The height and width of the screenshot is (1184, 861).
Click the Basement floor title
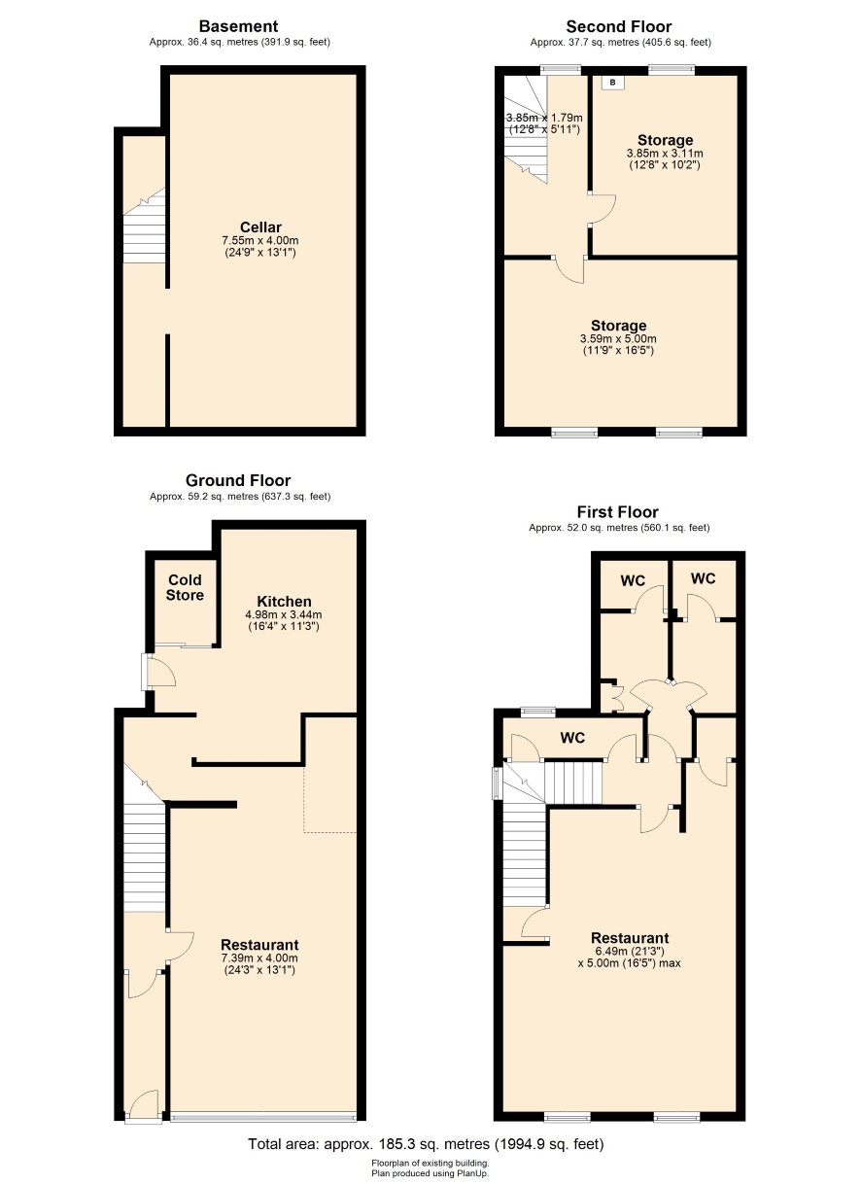point(238,26)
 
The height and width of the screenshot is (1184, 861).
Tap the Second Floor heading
point(619,26)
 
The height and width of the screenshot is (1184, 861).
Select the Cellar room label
point(260,227)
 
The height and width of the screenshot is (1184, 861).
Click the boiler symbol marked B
point(612,83)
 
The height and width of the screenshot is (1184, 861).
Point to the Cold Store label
point(185,587)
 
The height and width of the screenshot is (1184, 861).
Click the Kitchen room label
point(284,601)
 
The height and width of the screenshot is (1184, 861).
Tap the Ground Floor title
point(238,480)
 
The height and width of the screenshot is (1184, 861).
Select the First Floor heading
point(617,511)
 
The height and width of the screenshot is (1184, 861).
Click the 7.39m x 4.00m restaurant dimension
point(259,958)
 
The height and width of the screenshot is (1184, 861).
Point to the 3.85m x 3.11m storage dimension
point(665,154)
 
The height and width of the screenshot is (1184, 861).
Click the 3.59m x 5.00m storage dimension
point(618,339)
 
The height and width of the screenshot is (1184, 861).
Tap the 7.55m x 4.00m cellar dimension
point(260,240)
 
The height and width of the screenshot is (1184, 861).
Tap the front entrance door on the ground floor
point(144,1107)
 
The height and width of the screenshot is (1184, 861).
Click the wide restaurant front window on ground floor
point(263,1116)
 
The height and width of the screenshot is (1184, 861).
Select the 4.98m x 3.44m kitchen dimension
point(284,614)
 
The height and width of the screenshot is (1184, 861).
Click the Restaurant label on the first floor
point(630,938)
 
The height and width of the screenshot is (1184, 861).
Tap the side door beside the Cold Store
point(157,672)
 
